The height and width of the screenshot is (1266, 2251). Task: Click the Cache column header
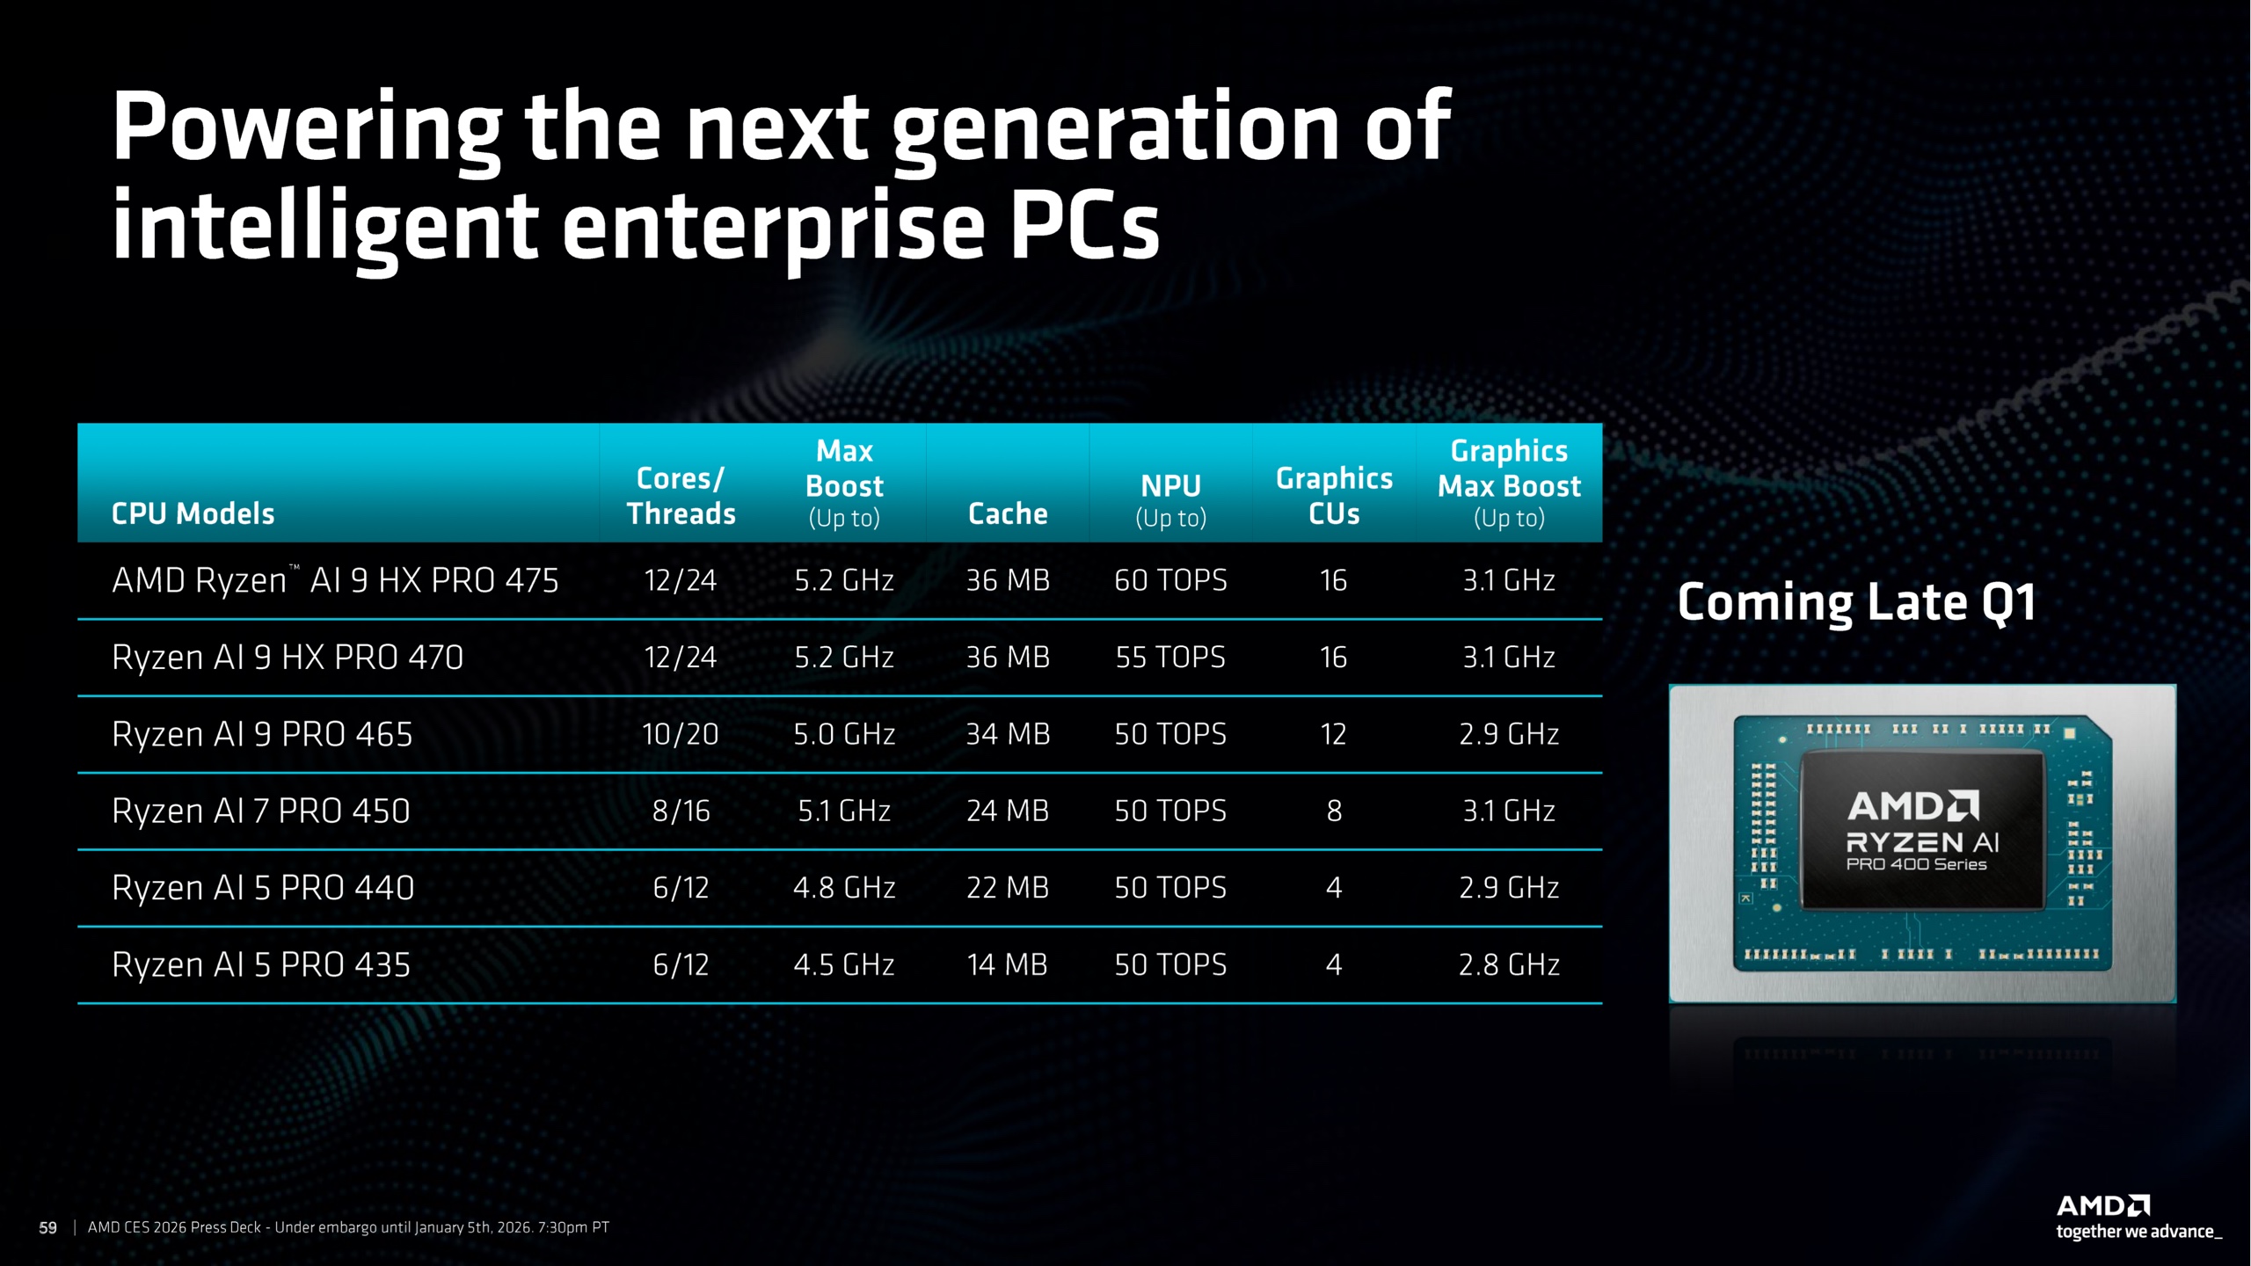pos(1008,513)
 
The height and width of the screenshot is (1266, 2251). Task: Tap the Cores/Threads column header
pos(681,496)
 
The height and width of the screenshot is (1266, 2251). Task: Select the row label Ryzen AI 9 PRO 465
pos(262,734)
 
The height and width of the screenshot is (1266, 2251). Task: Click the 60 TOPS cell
pos(1170,580)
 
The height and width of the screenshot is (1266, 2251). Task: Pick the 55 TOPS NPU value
pos(1170,657)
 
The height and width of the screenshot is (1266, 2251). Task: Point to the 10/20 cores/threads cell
pos(681,734)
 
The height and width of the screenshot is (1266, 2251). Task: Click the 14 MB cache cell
pos(1008,964)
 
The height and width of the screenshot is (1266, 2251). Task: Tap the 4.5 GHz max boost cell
pos(844,964)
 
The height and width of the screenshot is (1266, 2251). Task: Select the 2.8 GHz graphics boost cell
pos(1509,964)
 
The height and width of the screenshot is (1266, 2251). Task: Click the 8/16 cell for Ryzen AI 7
pos(681,811)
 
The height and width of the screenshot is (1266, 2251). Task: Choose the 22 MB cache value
pos(1008,888)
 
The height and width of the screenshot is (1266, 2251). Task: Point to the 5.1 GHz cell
pos(844,811)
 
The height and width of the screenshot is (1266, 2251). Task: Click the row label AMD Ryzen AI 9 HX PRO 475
pos(335,580)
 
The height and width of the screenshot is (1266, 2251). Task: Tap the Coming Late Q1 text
pos(1856,603)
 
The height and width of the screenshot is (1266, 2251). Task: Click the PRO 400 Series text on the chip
pos(1916,864)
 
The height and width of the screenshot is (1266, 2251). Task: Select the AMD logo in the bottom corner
pos(2103,1205)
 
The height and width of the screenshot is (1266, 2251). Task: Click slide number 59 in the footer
pos(47,1228)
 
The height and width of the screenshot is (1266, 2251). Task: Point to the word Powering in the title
pos(307,129)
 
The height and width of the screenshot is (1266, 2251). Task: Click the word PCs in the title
pos(1084,225)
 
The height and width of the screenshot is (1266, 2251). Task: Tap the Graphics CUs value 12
pos(1333,734)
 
